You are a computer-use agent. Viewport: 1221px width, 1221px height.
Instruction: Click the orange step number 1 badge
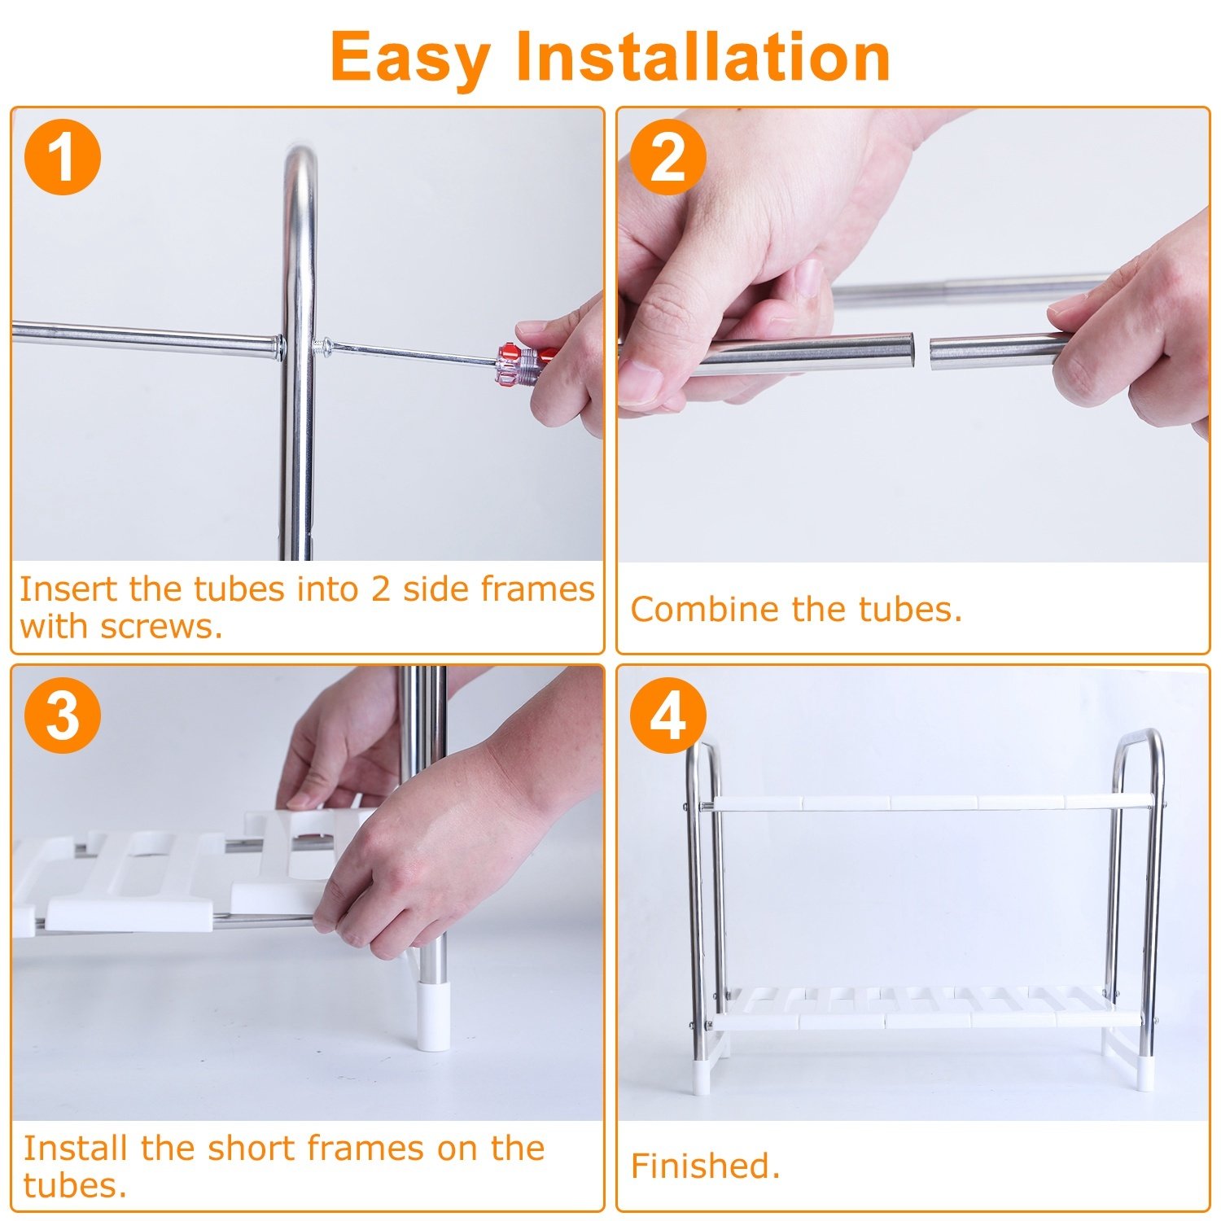(x=63, y=156)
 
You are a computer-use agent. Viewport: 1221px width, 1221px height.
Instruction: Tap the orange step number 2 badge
(x=667, y=156)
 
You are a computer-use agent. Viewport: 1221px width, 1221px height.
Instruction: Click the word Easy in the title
(x=410, y=59)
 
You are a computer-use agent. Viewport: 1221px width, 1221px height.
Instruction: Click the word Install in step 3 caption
(x=73, y=1148)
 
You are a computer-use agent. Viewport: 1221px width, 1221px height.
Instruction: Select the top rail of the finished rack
(x=929, y=803)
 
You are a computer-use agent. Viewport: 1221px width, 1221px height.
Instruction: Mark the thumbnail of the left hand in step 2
(x=639, y=383)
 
